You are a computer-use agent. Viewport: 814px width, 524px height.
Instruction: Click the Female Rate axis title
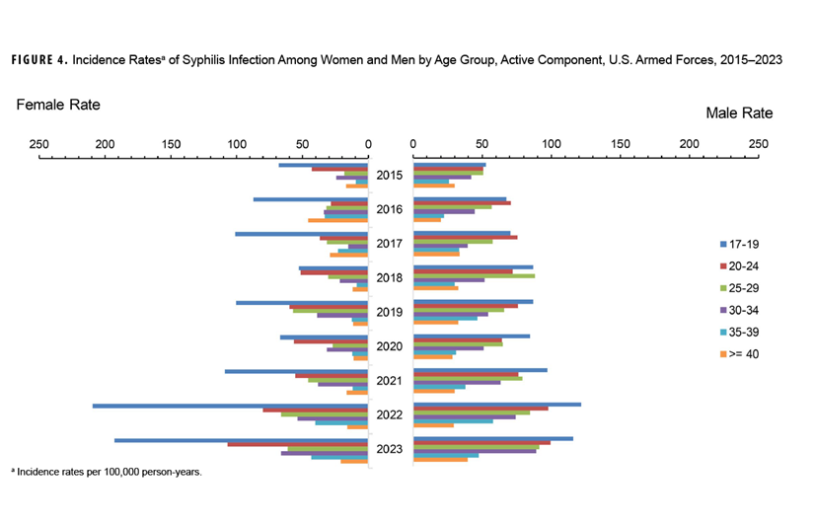pos(58,105)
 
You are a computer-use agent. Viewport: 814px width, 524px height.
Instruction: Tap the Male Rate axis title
pos(739,113)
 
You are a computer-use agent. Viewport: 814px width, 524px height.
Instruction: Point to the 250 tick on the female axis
pos(39,143)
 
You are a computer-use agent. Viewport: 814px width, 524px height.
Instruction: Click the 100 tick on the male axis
pos(552,143)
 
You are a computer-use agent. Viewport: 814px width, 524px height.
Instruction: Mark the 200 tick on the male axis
pos(689,143)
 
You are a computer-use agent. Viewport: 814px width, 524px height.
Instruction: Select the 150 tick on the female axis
pos(172,143)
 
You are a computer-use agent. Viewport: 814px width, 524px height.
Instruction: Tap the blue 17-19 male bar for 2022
pos(497,404)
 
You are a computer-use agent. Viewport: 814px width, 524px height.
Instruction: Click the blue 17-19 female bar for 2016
pos(311,199)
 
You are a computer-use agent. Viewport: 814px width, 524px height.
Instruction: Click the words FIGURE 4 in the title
pos(39,60)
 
